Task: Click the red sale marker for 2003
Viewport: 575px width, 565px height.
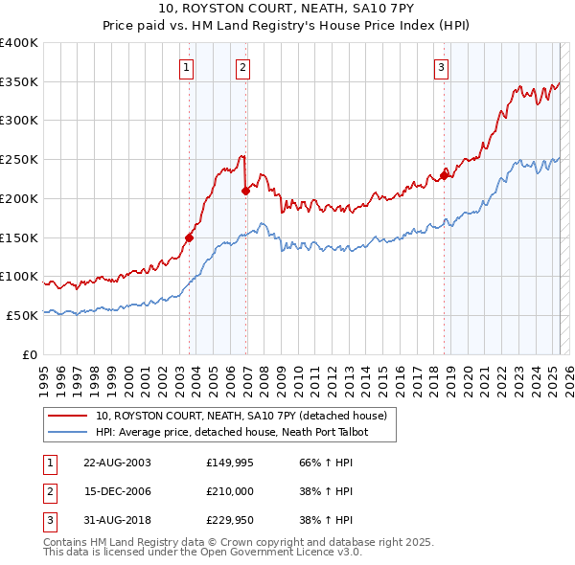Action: click(x=189, y=237)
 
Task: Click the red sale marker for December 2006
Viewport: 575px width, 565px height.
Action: click(x=245, y=191)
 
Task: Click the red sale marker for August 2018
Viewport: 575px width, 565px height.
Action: click(x=444, y=175)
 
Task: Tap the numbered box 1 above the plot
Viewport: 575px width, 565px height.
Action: click(x=185, y=67)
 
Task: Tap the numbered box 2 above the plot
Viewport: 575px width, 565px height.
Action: click(x=243, y=67)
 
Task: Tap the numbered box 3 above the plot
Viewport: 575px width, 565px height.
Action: click(x=441, y=67)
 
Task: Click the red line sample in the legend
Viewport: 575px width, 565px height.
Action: click(x=67, y=416)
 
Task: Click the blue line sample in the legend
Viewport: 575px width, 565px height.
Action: click(x=67, y=432)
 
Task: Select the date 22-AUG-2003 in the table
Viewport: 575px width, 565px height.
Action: click(x=117, y=463)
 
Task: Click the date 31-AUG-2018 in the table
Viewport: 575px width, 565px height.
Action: click(x=117, y=520)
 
